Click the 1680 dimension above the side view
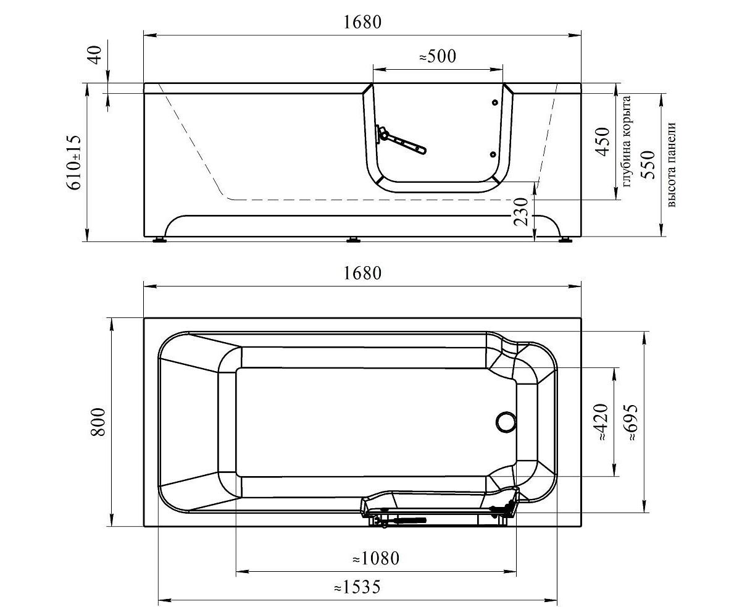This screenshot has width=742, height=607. pyautogui.click(x=362, y=22)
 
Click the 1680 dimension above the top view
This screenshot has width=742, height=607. pyautogui.click(x=362, y=274)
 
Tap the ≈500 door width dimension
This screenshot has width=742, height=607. pyautogui.click(x=438, y=56)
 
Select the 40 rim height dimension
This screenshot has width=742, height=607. pyautogui.click(x=96, y=55)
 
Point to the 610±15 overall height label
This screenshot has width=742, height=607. pyautogui.click(x=74, y=162)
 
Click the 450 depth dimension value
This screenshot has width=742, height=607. pyautogui.click(x=602, y=141)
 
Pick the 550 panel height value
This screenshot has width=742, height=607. pyautogui.click(x=648, y=165)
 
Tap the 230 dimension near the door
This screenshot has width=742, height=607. pyautogui.click(x=521, y=211)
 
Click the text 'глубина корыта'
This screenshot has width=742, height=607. pyautogui.click(x=627, y=141)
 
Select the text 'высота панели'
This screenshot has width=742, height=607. pyautogui.click(x=671, y=165)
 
